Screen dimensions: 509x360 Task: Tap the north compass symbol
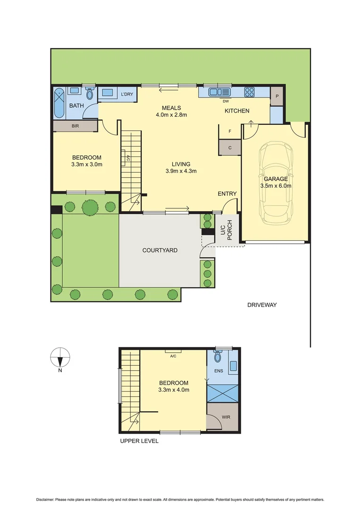[x=60, y=358]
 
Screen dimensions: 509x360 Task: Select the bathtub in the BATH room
[x=60, y=103]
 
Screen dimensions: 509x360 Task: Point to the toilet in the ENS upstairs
[x=217, y=357]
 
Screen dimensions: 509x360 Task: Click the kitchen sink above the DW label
[x=220, y=92]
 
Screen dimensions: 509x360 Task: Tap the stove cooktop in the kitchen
[x=249, y=92]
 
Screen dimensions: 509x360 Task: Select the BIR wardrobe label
[x=75, y=126]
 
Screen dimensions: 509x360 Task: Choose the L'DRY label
[x=128, y=95]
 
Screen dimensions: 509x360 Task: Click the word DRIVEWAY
[x=262, y=305]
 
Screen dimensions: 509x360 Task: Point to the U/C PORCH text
[x=227, y=230]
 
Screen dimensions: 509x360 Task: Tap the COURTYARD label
[x=160, y=250]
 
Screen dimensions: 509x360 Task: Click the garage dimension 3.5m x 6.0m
[x=276, y=186]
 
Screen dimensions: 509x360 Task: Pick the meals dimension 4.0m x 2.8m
[x=172, y=115]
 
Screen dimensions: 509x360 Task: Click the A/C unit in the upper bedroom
[x=173, y=352]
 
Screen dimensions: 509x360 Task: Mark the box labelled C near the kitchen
[x=230, y=147]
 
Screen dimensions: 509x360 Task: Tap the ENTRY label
[x=227, y=194]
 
